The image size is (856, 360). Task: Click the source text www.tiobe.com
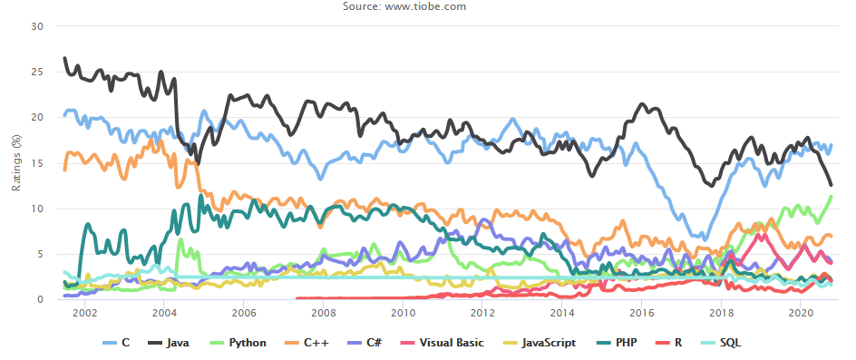pos(425,6)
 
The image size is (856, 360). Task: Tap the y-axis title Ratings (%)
pos(15,163)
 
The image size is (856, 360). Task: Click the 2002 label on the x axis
pos(84,313)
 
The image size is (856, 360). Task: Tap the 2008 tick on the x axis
pos(323,313)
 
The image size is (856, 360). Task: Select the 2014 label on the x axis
pos(562,313)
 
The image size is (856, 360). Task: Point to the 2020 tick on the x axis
pos(800,313)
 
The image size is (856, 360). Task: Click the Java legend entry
pos(169,343)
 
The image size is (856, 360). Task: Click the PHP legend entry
pos(614,343)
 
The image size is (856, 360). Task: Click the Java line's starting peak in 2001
pos(65,58)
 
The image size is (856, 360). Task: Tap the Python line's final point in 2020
pos(831,196)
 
